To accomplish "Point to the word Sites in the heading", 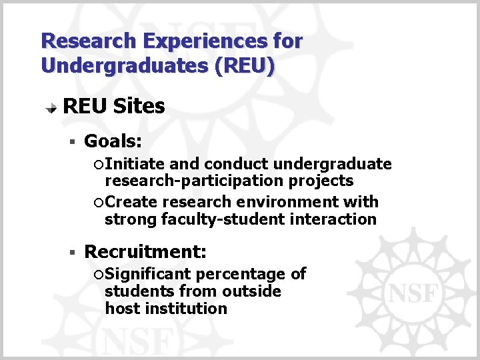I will click(x=139, y=106).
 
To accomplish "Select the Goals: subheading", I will click(x=113, y=141).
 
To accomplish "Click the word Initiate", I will click(x=136, y=164).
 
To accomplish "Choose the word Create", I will click(x=131, y=202).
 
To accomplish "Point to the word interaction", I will click(x=337, y=219).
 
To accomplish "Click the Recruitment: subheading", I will click(x=145, y=252).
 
